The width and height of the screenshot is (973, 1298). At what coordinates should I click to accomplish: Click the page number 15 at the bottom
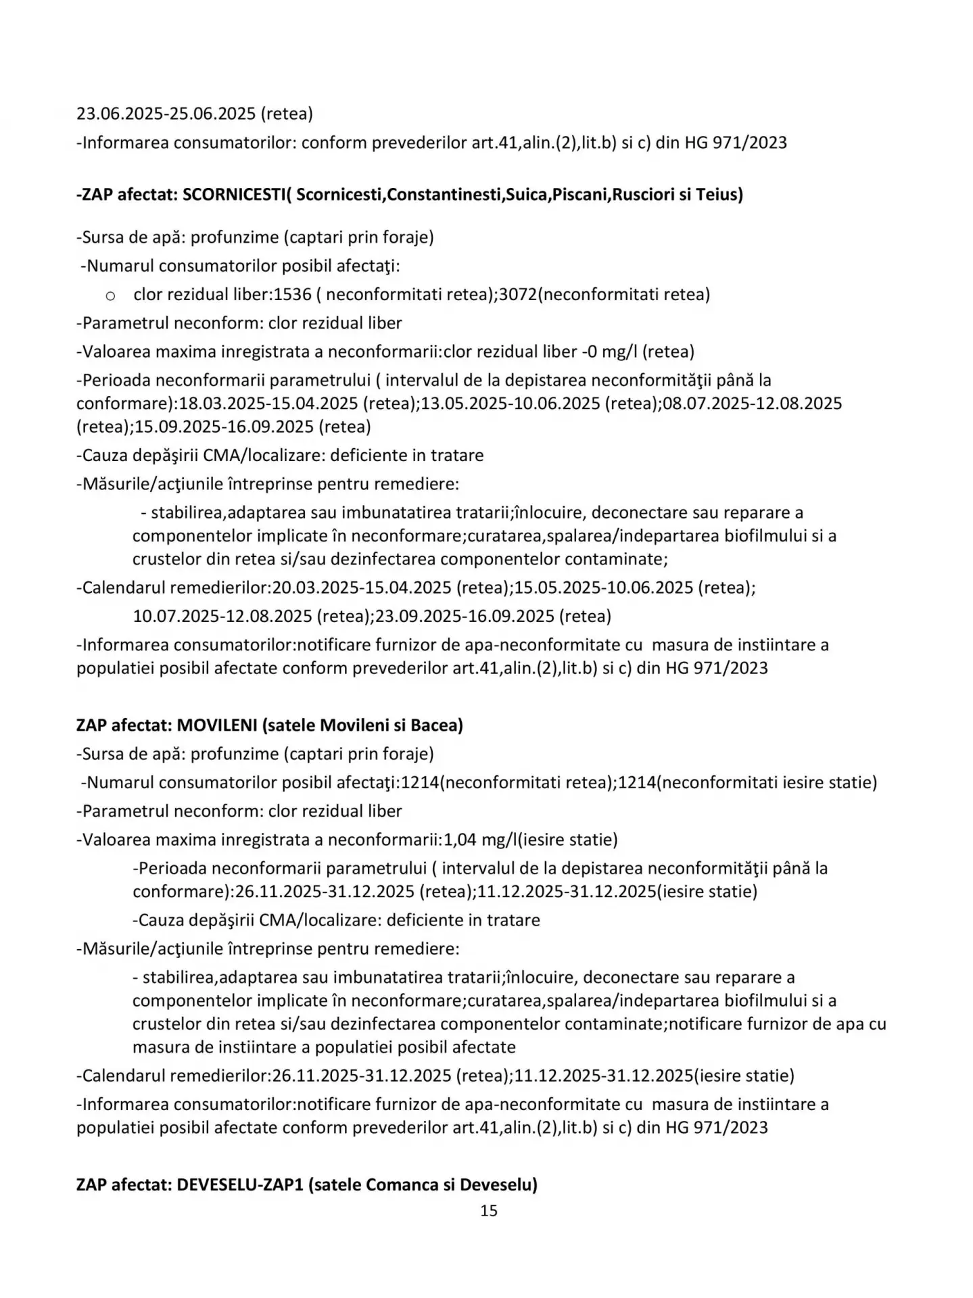click(x=488, y=1210)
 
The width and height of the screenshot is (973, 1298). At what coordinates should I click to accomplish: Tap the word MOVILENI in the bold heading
click(x=217, y=725)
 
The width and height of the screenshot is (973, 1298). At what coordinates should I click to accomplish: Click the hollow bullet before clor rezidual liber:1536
click(x=110, y=295)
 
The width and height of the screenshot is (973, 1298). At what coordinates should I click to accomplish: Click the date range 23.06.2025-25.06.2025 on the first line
click(x=166, y=114)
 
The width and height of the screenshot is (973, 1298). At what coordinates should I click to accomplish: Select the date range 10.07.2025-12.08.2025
click(x=222, y=616)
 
